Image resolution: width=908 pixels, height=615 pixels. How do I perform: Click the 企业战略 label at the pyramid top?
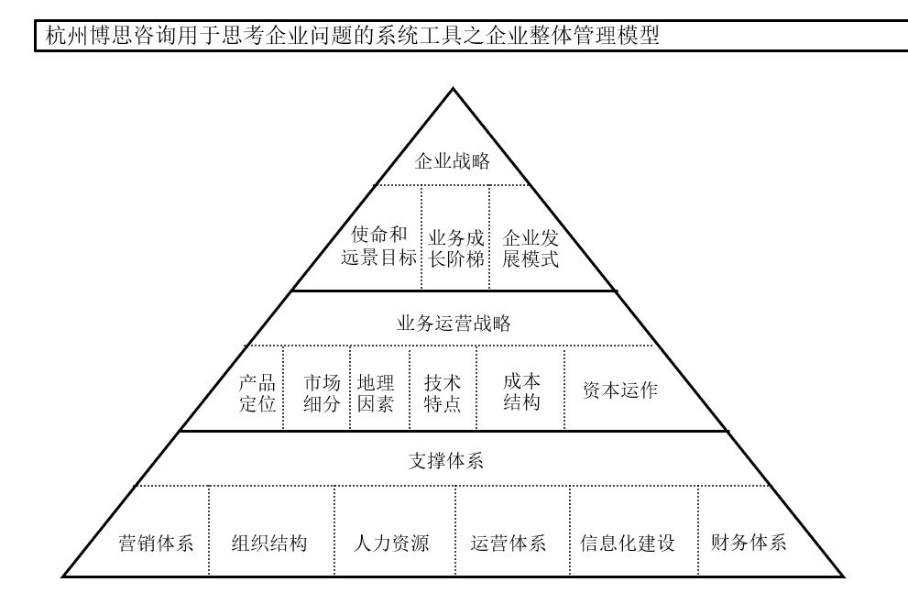click(453, 160)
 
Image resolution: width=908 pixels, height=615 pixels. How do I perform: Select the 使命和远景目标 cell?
click(378, 247)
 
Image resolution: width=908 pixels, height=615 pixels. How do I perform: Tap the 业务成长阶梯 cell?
click(455, 248)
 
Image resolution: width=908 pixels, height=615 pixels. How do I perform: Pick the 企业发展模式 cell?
click(530, 248)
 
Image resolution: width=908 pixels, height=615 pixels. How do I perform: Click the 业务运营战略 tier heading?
click(454, 324)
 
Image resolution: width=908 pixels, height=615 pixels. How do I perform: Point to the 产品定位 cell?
click(257, 393)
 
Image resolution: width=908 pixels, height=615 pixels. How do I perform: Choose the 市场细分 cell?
click(322, 393)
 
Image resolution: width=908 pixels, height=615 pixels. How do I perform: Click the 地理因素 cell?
click(376, 393)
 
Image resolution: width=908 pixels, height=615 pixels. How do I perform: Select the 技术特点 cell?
click(442, 393)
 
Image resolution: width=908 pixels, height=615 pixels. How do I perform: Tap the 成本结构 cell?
click(521, 392)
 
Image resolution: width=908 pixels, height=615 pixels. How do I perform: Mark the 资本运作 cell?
click(619, 390)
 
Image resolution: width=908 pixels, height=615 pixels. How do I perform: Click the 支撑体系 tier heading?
click(446, 461)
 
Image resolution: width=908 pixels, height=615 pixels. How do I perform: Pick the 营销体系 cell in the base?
click(156, 544)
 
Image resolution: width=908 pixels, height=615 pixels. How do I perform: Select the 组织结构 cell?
click(269, 544)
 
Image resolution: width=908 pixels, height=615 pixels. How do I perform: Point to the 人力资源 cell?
click(391, 544)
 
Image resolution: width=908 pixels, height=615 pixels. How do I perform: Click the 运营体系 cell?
click(508, 544)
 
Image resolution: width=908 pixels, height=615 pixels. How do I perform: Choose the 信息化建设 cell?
click(628, 544)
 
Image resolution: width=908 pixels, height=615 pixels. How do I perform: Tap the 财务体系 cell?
click(749, 543)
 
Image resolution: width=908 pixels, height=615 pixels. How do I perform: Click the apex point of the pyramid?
click(453, 89)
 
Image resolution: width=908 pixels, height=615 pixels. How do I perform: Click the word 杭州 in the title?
click(66, 36)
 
